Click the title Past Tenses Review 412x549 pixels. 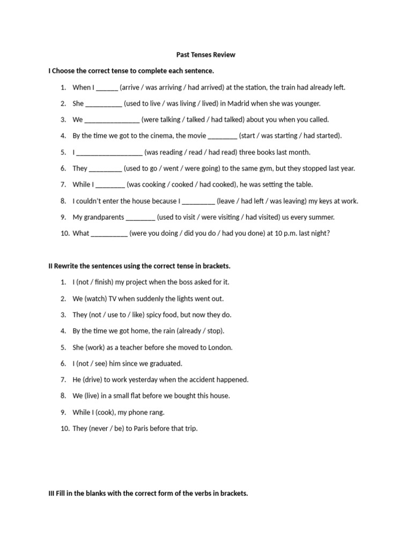(x=206, y=55)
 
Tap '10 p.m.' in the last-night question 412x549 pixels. (x=284, y=233)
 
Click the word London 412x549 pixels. (x=220, y=347)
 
